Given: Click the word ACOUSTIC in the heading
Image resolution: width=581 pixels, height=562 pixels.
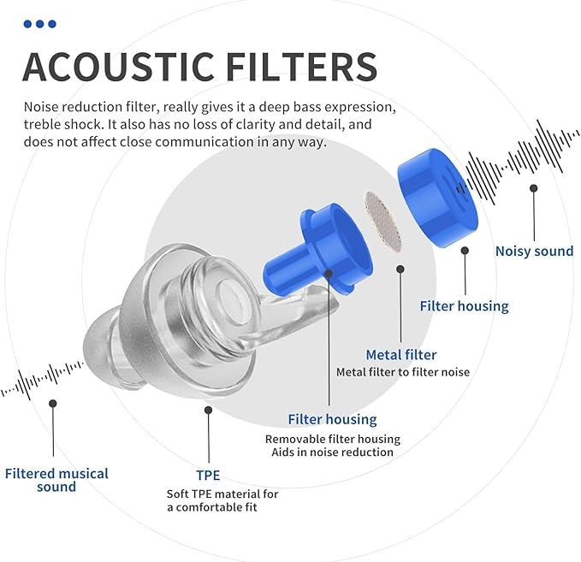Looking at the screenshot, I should [111, 67].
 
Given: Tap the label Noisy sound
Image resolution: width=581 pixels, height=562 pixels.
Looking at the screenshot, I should [534, 251].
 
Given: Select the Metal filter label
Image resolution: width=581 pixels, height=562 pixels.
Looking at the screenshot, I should [400, 354].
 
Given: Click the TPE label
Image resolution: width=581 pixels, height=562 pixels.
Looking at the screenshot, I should [208, 475].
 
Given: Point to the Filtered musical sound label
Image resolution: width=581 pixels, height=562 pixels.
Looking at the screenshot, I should [56, 480].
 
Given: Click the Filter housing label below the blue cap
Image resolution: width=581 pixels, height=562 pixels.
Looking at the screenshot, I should [464, 305].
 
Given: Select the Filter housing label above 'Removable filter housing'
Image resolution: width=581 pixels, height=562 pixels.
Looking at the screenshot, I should [332, 419].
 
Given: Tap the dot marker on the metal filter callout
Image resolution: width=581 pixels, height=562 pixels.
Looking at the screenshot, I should [400, 268].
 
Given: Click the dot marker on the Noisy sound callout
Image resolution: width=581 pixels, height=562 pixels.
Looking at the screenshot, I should [534, 187].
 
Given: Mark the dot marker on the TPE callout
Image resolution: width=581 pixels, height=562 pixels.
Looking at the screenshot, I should [208, 411].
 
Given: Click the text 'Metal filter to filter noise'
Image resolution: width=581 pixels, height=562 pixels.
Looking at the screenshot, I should [402, 372].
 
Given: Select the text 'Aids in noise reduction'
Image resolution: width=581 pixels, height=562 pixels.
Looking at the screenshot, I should [332, 453].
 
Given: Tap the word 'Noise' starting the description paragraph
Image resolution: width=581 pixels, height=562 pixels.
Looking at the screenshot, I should [43, 108].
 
